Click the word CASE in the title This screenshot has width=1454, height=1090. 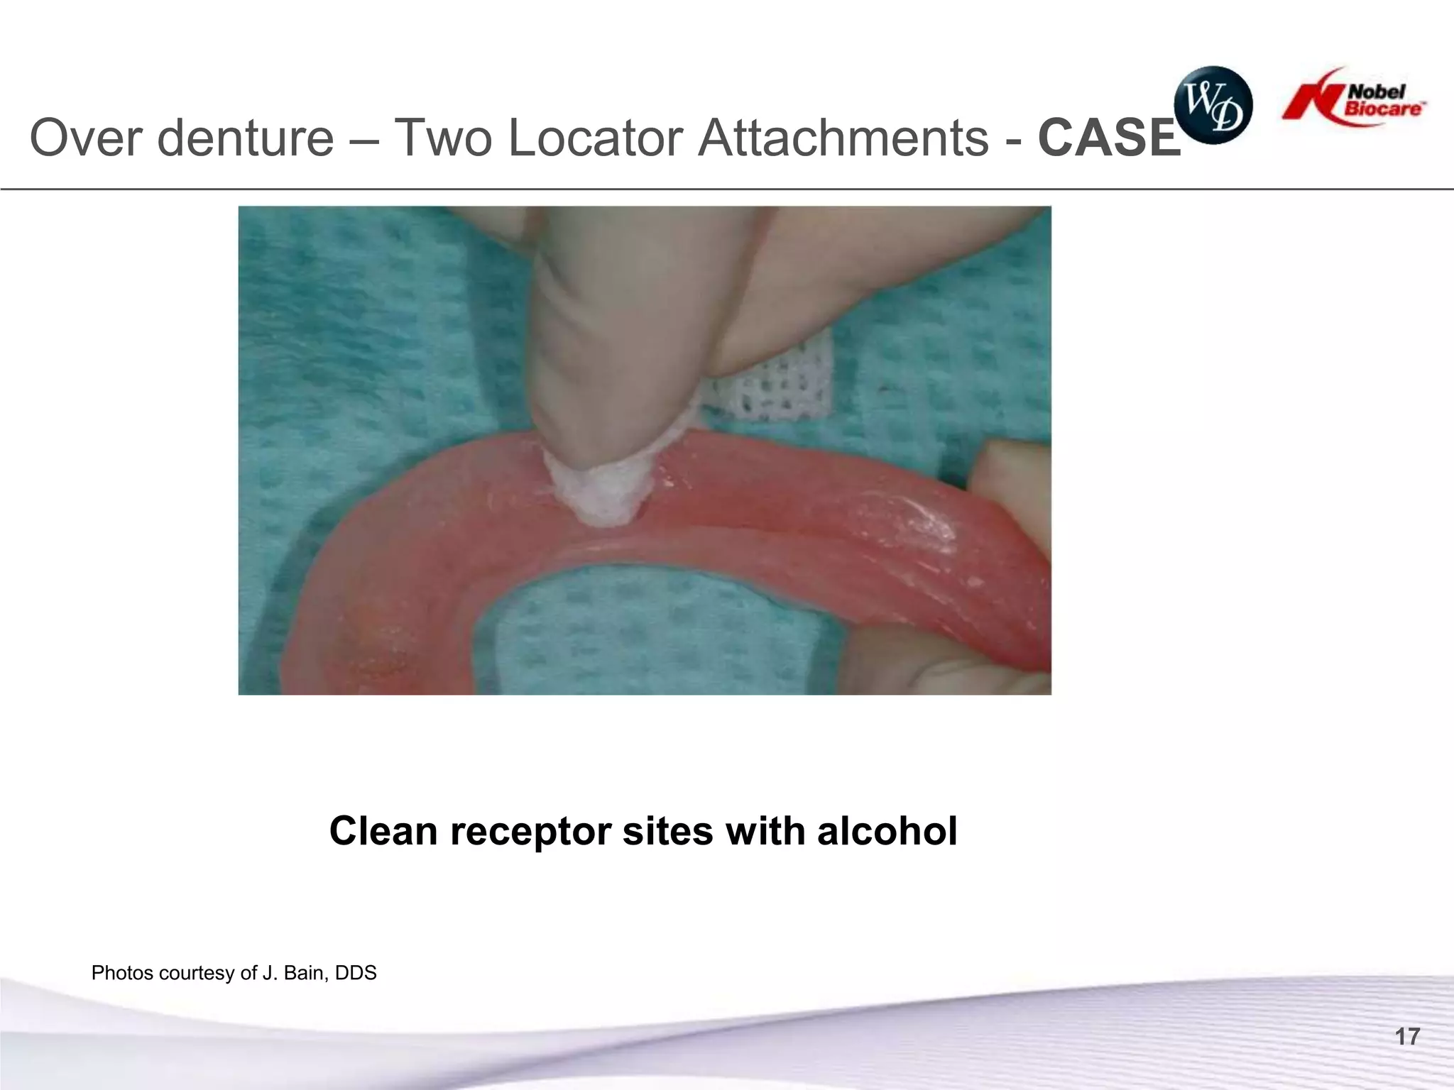[1108, 138]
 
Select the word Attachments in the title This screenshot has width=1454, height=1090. [843, 138]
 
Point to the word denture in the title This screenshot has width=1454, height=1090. [244, 138]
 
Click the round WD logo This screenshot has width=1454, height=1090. [1213, 105]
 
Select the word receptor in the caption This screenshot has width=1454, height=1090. [530, 832]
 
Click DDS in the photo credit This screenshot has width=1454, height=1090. [355, 973]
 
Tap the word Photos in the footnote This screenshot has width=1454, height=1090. [122, 973]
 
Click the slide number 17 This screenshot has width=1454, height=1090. [1407, 1037]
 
